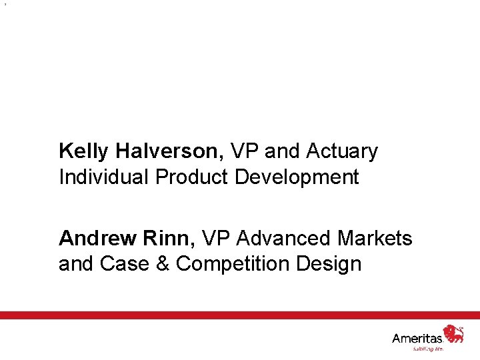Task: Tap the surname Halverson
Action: (171, 151)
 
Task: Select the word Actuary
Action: (342, 151)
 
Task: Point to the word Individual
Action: (104, 177)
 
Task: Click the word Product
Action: (193, 177)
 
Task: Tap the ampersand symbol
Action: (163, 263)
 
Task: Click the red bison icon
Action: (454, 333)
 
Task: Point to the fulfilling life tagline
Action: (429, 348)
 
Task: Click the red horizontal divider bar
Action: (240, 315)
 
